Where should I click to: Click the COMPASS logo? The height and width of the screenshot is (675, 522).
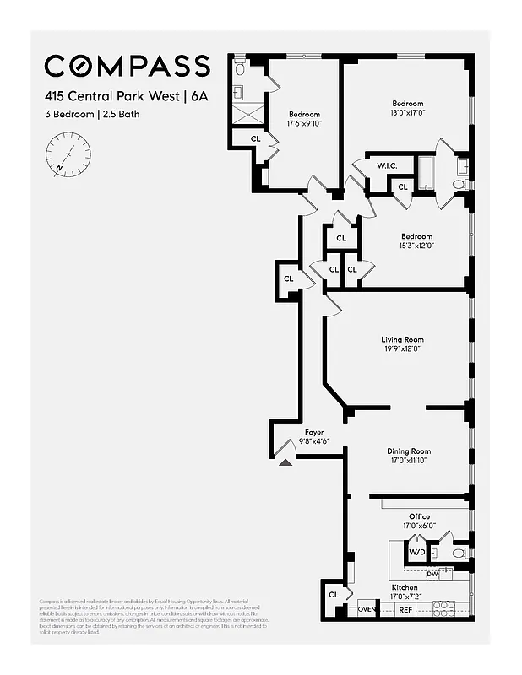[x=127, y=66]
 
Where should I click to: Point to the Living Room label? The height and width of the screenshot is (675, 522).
[x=402, y=340]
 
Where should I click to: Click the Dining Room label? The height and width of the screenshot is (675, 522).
[x=409, y=451]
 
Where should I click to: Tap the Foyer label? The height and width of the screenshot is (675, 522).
[x=314, y=432]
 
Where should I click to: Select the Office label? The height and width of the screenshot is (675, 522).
[x=419, y=516]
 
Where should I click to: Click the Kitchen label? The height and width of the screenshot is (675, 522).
[x=404, y=587]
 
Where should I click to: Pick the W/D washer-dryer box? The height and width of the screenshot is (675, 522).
[x=417, y=553]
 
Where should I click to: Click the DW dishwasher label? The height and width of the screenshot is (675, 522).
[x=432, y=574]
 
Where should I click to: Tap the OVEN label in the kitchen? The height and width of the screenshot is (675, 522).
[x=366, y=609]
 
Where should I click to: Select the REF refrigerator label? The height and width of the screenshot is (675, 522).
[x=405, y=609]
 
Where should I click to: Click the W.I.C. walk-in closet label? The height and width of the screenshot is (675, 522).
[x=387, y=165]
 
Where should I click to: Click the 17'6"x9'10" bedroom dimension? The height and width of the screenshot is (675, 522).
[x=304, y=123]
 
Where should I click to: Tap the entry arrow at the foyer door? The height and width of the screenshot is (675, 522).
[x=285, y=461]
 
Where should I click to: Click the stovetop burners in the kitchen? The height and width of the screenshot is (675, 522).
[x=444, y=607]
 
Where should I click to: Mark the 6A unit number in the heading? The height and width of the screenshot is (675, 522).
[x=198, y=96]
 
